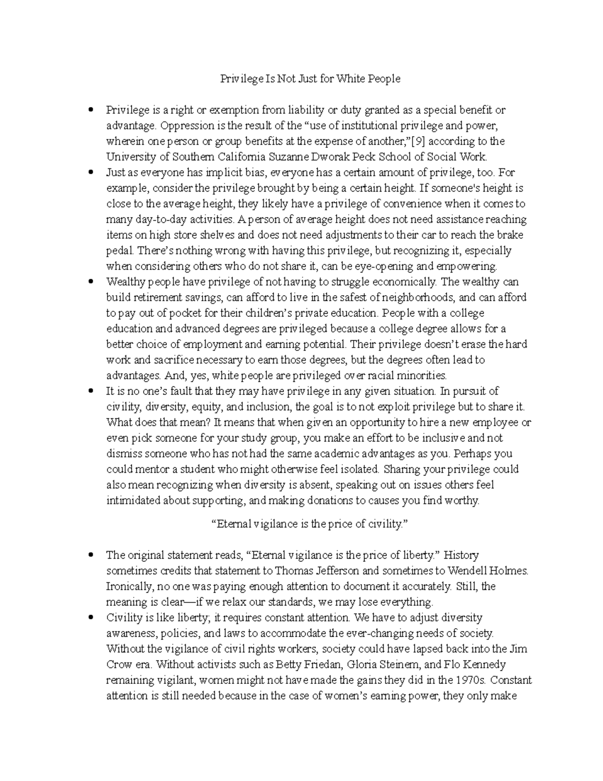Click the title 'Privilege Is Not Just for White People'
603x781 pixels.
(310, 79)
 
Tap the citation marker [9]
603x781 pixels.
(418, 141)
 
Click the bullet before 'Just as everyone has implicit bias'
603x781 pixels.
(91, 172)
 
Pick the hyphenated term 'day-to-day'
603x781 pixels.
(150, 220)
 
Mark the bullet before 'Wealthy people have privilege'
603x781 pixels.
(91, 282)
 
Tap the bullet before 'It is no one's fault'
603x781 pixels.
(91, 391)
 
